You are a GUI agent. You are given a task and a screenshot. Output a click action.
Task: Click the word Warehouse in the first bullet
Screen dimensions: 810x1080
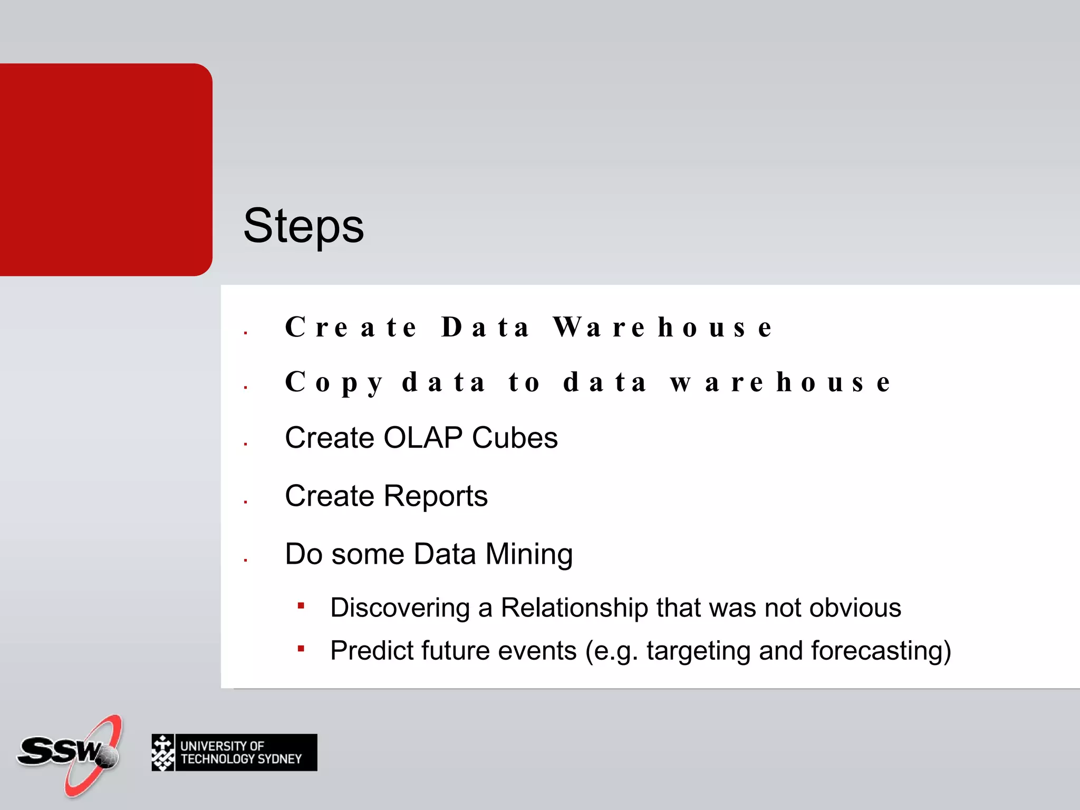click(662, 327)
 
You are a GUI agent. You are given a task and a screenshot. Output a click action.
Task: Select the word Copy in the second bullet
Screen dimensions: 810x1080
click(334, 382)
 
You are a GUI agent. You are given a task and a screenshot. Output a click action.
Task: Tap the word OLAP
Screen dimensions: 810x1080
click(423, 438)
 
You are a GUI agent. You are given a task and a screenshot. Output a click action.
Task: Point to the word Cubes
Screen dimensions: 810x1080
click(515, 438)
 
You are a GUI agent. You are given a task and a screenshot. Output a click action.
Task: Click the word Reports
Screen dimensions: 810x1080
click(435, 496)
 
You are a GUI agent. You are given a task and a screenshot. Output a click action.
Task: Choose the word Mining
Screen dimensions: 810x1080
click(529, 554)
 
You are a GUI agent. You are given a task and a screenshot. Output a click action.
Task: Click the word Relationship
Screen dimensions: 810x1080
click(574, 607)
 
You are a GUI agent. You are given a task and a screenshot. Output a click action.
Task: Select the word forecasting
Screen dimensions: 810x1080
click(881, 651)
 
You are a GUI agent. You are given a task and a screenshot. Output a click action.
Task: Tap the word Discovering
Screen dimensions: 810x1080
click(400, 607)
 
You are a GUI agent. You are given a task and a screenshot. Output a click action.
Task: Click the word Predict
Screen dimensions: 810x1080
click(371, 651)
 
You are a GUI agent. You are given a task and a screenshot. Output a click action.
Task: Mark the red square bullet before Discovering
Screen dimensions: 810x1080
click(301, 606)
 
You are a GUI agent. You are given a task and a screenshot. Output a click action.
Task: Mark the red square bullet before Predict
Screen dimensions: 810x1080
click(301, 649)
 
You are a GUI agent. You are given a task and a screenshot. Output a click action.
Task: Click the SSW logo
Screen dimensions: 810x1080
click(71, 754)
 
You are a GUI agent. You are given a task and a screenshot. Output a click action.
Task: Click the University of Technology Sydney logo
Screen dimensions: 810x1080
click(234, 753)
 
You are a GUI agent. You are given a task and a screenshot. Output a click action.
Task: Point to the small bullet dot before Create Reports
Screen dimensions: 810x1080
click(246, 502)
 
